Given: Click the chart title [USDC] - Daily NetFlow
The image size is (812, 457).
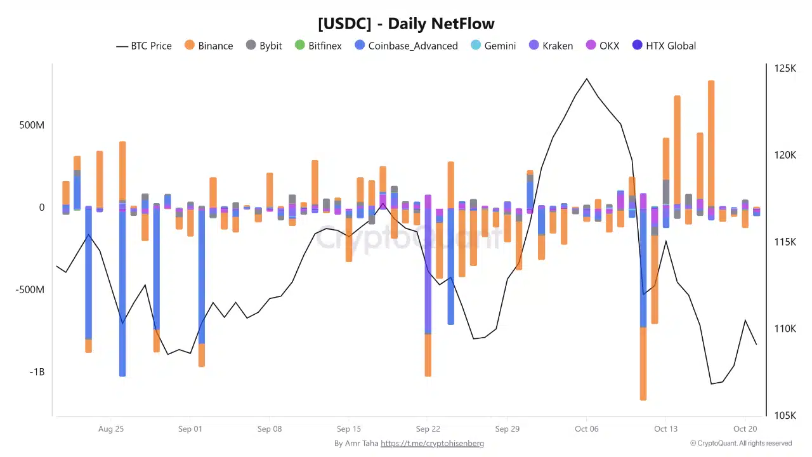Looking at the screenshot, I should (406, 24).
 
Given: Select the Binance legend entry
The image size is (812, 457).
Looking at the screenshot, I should (209, 46).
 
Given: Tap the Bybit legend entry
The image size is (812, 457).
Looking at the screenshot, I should (264, 46).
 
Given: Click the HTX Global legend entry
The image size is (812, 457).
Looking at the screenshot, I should (664, 46).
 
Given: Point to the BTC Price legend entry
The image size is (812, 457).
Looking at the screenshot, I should (144, 46).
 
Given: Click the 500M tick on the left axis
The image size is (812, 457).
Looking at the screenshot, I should (32, 125).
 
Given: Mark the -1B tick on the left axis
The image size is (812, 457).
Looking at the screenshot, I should (37, 372).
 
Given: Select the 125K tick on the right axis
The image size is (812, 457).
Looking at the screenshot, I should (785, 69).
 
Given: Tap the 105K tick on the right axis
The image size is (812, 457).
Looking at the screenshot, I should (785, 416).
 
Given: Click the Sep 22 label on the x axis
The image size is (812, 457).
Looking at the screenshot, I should (428, 429).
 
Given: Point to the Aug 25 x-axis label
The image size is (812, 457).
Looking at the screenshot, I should (111, 429).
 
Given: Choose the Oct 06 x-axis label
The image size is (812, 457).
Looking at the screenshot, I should (586, 429).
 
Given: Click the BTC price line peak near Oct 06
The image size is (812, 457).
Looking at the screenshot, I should (586, 79).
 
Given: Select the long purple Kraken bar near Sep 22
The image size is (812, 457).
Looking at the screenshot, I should (428, 267).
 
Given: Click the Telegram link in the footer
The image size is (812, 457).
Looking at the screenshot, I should (432, 444).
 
